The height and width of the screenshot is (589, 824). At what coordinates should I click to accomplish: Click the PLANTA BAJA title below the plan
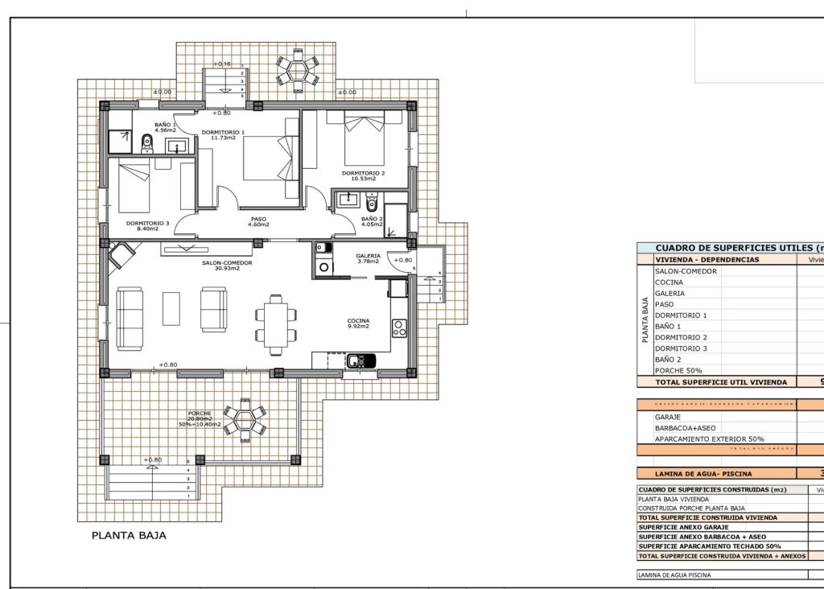(129, 535)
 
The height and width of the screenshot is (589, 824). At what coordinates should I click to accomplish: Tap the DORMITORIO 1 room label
(223, 134)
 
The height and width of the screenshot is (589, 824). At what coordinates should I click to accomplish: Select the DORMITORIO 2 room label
(363, 175)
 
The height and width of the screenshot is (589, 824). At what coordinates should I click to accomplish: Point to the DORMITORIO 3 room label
(147, 225)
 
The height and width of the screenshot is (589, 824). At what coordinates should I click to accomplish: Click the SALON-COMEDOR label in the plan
(227, 265)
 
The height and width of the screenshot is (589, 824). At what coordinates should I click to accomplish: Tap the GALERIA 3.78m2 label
(368, 258)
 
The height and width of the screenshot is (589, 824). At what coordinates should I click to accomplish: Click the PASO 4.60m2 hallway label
(258, 220)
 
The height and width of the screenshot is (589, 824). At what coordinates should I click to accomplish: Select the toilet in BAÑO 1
(146, 143)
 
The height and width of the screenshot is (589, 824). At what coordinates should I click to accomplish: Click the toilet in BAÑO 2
(371, 202)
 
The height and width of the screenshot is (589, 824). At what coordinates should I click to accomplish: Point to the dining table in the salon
(275, 324)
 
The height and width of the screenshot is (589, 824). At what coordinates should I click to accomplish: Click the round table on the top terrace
(297, 71)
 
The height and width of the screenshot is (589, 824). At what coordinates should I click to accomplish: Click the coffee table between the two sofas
(171, 308)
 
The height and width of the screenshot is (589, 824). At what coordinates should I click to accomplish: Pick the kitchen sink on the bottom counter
(356, 360)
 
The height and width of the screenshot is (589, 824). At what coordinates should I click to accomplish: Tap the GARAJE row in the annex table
(669, 417)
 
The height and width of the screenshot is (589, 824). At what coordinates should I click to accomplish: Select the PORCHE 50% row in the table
(678, 370)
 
